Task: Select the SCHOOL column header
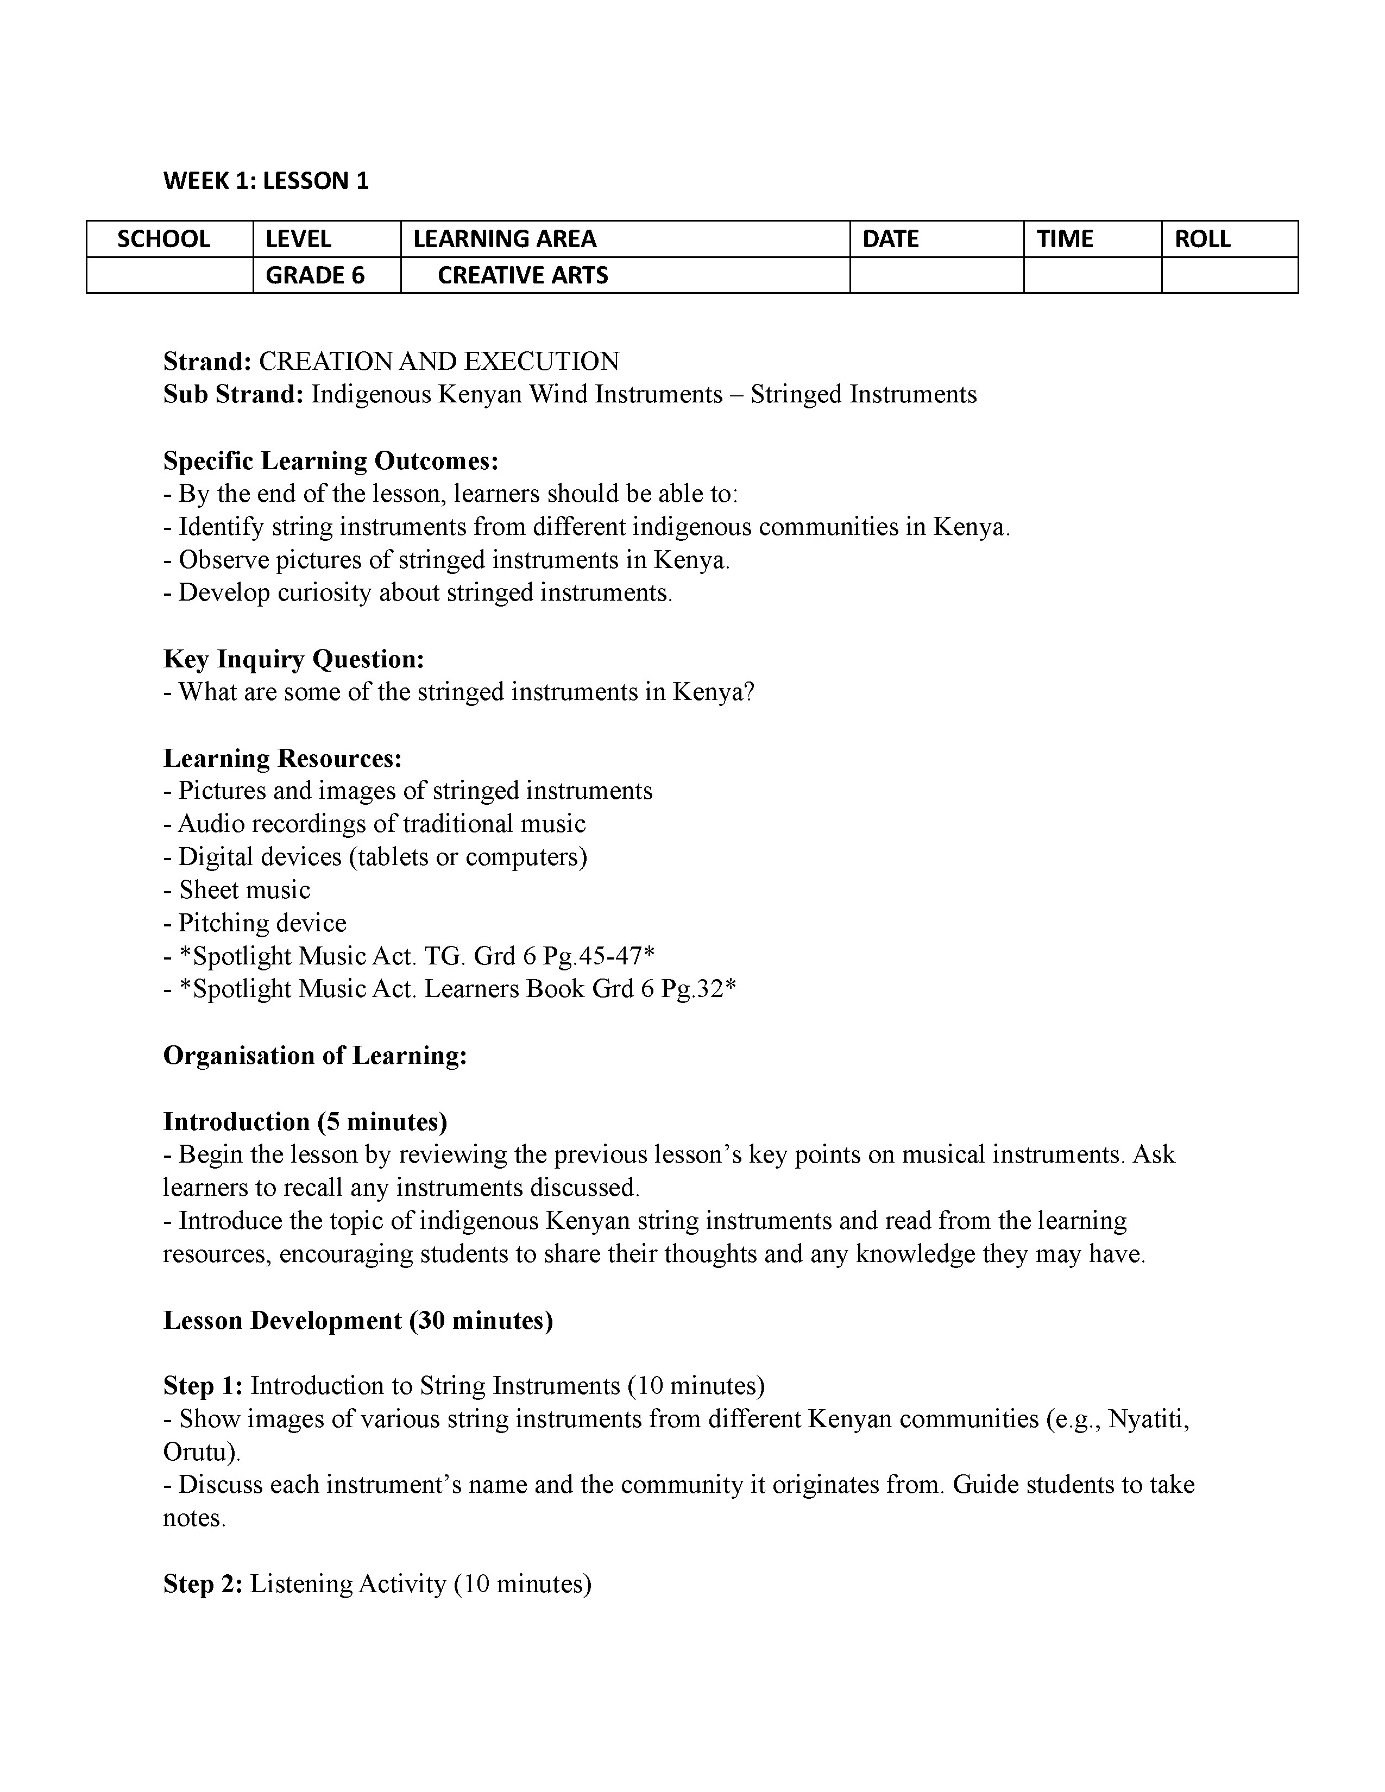pyautogui.click(x=164, y=239)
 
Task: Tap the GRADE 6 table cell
pyautogui.click(x=315, y=275)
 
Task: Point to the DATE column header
pyautogui.click(x=890, y=239)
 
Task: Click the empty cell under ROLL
pyautogui.click(x=1229, y=275)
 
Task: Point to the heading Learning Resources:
pyautogui.click(x=282, y=758)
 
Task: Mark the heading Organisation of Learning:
pyautogui.click(x=315, y=1055)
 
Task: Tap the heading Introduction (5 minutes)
pyautogui.click(x=305, y=1122)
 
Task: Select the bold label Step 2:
pyautogui.click(x=203, y=1583)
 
